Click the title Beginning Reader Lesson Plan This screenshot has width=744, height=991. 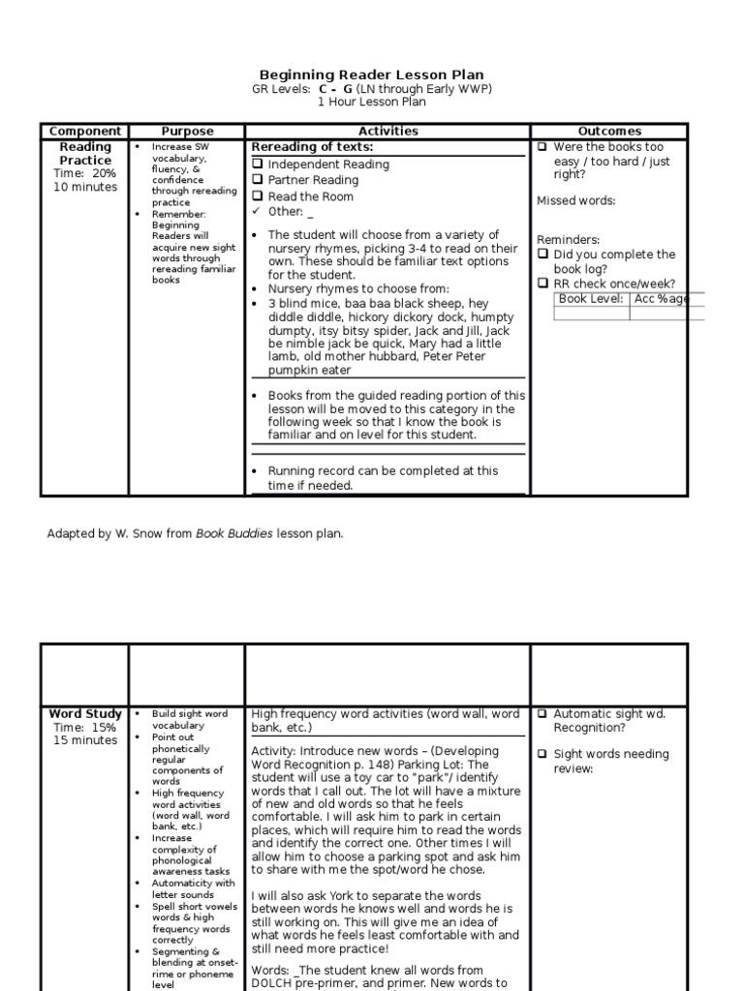[372, 75]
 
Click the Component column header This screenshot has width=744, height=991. [85, 131]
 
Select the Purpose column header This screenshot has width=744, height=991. [187, 131]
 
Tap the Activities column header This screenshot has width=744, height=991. [387, 131]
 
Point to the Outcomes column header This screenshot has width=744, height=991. [609, 131]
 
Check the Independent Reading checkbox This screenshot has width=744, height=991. [258, 165]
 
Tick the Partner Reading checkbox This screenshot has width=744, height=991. [258, 180]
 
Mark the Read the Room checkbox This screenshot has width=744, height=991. [258, 196]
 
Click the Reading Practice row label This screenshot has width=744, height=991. [85, 153]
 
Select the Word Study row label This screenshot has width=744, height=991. [85, 714]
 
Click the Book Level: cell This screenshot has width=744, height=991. [592, 299]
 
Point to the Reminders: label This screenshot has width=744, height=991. [569, 239]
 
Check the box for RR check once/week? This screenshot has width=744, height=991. [542, 284]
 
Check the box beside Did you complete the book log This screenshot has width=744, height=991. [542, 255]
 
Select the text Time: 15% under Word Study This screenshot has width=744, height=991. [85, 728]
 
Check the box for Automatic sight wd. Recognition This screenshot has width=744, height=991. [542, 714]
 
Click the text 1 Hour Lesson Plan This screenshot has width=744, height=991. [372, 102]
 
